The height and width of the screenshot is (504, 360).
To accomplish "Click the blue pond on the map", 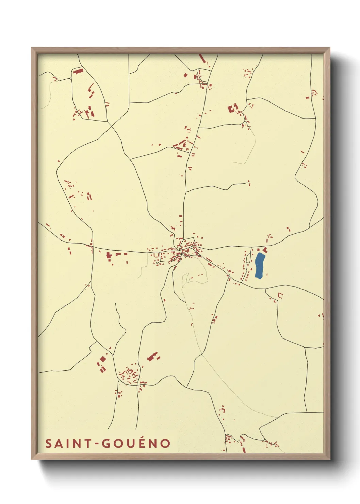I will pyautogui.click(x=260, y=266).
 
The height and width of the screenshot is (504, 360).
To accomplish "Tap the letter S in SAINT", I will pyautogui.click(x=48, y=443).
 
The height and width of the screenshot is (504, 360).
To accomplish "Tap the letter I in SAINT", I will pyautogui.click(x=68, y=443).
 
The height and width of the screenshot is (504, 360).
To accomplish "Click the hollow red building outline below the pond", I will pyautogui.click(x=280, y=295).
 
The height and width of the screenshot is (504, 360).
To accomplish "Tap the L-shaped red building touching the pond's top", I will pyautogui.click(x=265, y=251).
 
